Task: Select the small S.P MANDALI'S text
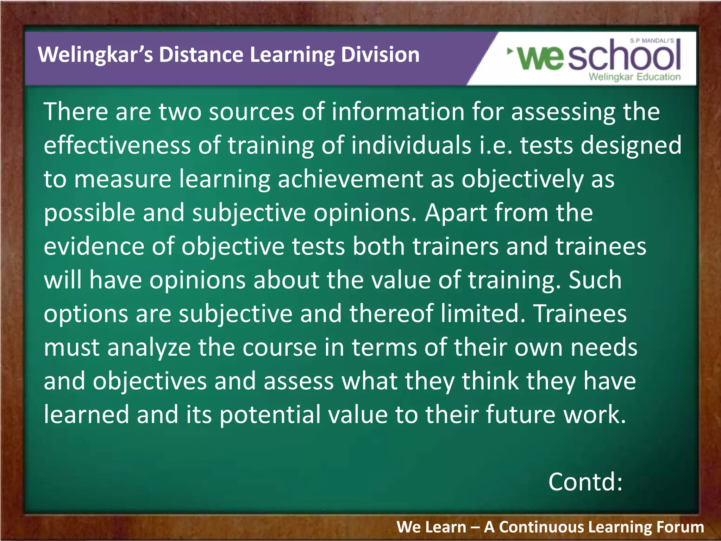tap(652, 41)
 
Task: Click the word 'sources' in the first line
tap(251, 112)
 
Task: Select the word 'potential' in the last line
tap(270, 415)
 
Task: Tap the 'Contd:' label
tap(585, 482)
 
